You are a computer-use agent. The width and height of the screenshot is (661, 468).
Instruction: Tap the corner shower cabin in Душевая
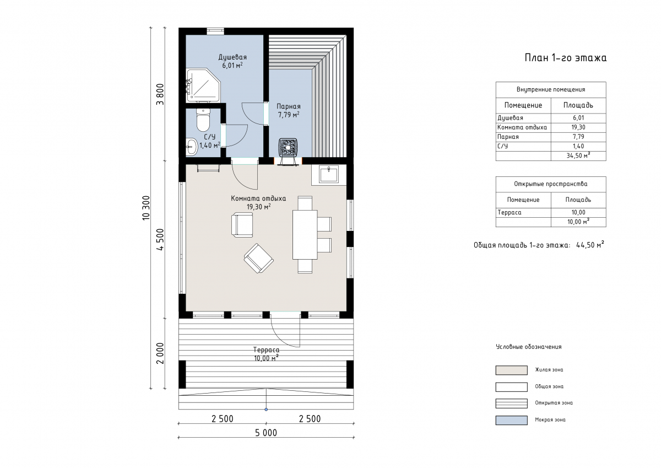point(203,85)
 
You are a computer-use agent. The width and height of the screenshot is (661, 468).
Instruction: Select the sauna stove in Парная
point(288,147)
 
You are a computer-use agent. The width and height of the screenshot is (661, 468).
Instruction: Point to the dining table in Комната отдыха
point(305,234)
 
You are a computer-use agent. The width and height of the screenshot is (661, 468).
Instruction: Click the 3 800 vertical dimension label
point(160,94)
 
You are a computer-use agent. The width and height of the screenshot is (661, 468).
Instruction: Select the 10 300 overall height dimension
point(146,208)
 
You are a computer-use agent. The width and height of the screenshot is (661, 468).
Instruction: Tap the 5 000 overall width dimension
point(266,433)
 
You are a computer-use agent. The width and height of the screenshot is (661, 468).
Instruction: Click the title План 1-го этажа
point(565,57)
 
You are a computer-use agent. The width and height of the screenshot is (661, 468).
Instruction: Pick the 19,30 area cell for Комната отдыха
point(578,127)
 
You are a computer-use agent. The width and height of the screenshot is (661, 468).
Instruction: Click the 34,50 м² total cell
point(578,155)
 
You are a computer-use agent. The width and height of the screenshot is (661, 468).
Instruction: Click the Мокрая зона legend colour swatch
point(511,420)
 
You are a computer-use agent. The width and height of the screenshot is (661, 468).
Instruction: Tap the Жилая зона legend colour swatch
point(511,370)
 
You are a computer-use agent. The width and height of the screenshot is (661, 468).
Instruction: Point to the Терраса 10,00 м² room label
point(266,354)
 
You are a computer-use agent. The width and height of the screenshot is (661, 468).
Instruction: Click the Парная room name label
point(288,106)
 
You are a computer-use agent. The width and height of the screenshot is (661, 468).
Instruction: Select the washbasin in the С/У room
point(192,147)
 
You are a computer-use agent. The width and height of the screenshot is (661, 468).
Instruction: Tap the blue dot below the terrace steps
point(266,410)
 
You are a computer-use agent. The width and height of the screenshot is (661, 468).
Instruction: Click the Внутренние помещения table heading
point(551,89)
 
